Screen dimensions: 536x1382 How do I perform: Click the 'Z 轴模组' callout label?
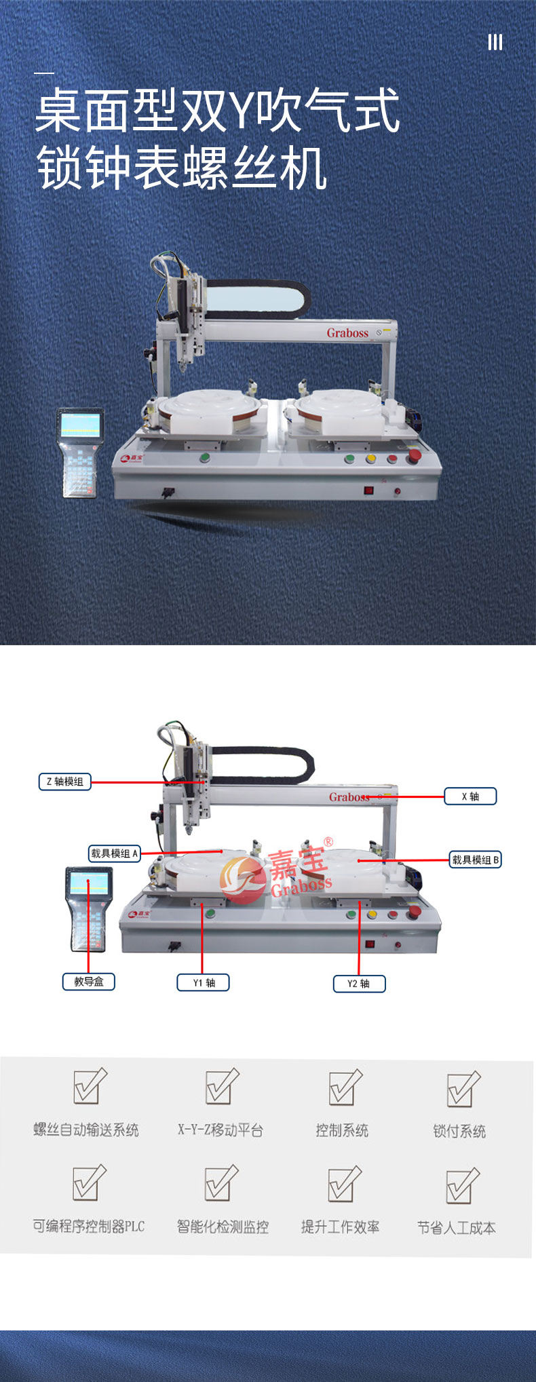[x=65, y=782]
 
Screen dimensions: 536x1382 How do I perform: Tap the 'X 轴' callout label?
[x=470, y=796]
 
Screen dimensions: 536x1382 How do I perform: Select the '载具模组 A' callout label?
[x=115, y=853]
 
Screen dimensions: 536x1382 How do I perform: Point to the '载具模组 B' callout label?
[x=476, y=860]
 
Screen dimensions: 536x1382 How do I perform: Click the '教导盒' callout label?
[x=89, y=981]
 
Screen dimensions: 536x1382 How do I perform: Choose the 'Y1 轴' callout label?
[x=204, y=982]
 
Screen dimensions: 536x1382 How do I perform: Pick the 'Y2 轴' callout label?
[x=359, y=984]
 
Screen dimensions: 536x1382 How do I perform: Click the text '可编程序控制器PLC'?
[x=89, y=1227]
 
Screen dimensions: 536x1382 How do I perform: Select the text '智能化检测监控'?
[x=223, y=1227]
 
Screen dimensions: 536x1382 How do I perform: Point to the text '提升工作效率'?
[x=341, y=1227]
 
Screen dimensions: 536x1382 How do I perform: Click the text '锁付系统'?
[x=459, y=1131]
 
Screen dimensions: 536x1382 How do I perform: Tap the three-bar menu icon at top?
[x=495, y=42]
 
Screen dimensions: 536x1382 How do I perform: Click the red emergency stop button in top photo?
[x=413, y=455]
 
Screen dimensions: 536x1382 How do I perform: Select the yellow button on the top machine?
[x=371, y=459]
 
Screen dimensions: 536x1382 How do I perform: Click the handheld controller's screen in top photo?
[x=80, y=425]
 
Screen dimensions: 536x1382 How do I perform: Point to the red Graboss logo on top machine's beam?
[x=347, y=332]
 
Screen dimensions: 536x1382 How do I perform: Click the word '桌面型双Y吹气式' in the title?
[x=218, y=111]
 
